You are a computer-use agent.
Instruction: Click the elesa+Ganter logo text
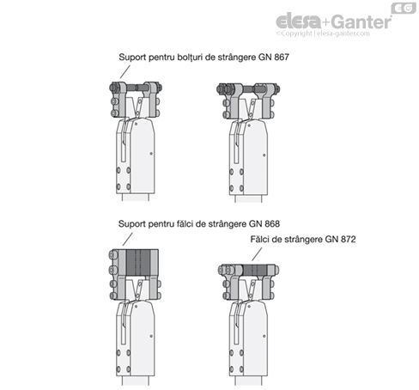(334, 21)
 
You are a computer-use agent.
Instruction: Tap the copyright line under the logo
(323, 34)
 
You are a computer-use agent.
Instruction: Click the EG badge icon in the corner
(404, 8)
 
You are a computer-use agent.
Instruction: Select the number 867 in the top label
(282, 57)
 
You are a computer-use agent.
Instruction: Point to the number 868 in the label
(272, 223)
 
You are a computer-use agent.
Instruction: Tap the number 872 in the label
(348, 239)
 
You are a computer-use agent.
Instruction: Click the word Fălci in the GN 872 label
(260, 239)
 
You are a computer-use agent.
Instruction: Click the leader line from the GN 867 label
(125, 71)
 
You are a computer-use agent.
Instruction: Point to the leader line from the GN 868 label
(128, 239)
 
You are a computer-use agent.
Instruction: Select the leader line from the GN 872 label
(257, 254)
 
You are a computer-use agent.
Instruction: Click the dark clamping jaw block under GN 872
(255, 270)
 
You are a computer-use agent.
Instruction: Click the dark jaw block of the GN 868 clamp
(138, 263)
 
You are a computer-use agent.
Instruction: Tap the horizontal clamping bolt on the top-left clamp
(136, 87)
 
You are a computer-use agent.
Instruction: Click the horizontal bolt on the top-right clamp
(248, 88)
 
